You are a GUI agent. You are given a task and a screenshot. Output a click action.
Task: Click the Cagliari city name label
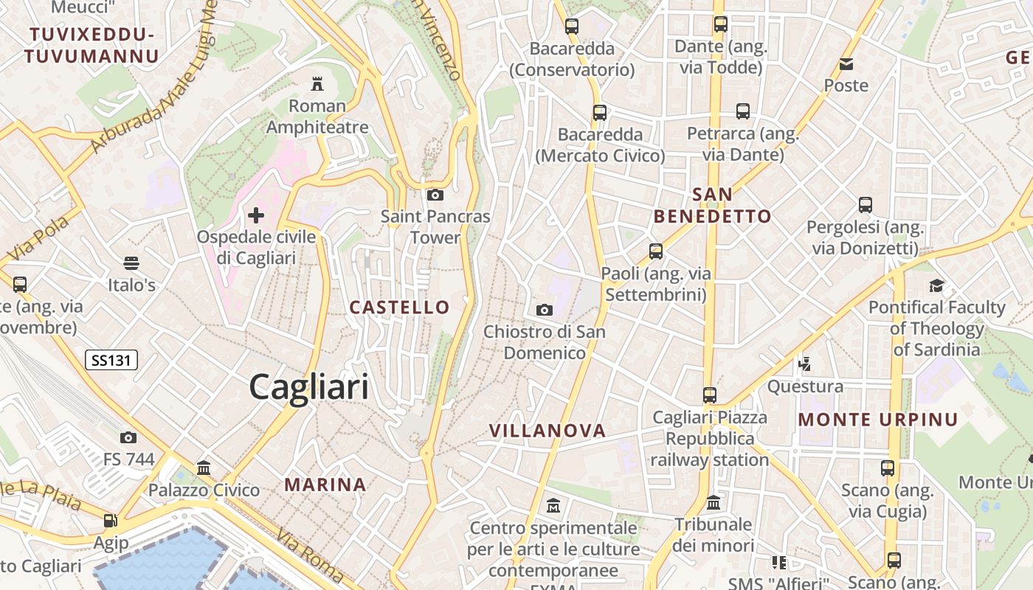point(308,386)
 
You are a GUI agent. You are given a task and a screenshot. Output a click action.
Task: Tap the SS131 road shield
point(111,360)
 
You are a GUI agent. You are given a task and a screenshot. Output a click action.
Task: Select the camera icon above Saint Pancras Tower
point(435,195)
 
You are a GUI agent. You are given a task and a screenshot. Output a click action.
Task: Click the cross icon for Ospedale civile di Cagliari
point(256,215)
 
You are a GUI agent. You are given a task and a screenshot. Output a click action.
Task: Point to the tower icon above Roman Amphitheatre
point(317,83)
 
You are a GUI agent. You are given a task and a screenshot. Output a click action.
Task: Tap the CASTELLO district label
point(399,308)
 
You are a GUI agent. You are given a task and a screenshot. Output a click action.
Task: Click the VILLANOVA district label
point(547,431)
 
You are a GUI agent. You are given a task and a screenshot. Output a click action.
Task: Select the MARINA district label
point(325,485)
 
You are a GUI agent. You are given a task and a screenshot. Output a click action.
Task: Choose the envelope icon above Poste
point(846,64)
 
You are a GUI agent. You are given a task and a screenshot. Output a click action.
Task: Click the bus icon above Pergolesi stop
point(866,205)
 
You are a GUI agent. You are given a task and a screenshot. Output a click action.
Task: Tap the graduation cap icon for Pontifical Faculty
point(936,285)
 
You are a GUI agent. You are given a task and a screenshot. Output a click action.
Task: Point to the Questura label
point(805,386)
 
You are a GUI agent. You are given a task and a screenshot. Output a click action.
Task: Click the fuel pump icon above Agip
point(111,521)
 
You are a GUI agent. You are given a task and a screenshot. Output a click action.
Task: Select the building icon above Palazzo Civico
point(204,468)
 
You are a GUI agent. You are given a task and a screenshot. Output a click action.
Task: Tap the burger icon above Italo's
point(131,263)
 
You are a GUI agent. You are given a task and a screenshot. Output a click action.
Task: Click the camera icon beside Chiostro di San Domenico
point(545,310)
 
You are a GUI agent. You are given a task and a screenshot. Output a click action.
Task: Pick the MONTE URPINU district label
point(878,420)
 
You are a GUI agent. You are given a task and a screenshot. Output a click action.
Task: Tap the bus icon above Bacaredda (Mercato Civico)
point(600,113)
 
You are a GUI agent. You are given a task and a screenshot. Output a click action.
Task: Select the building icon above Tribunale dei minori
point(714,503)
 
